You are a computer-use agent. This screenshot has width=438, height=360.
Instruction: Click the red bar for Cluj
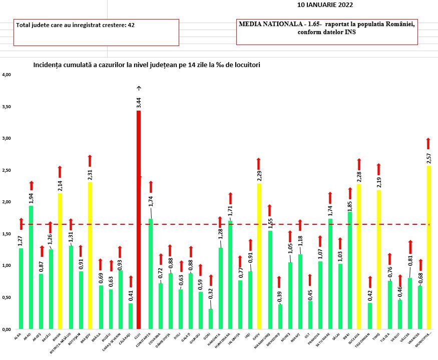139,220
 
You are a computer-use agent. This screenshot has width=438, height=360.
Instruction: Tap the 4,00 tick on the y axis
7,75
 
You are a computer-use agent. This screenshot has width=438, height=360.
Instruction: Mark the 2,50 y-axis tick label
7,170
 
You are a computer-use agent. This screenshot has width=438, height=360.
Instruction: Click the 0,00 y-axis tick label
7,329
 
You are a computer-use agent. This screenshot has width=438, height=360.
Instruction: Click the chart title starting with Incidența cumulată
147,65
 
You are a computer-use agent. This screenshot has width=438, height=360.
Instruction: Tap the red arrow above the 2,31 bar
90,161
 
